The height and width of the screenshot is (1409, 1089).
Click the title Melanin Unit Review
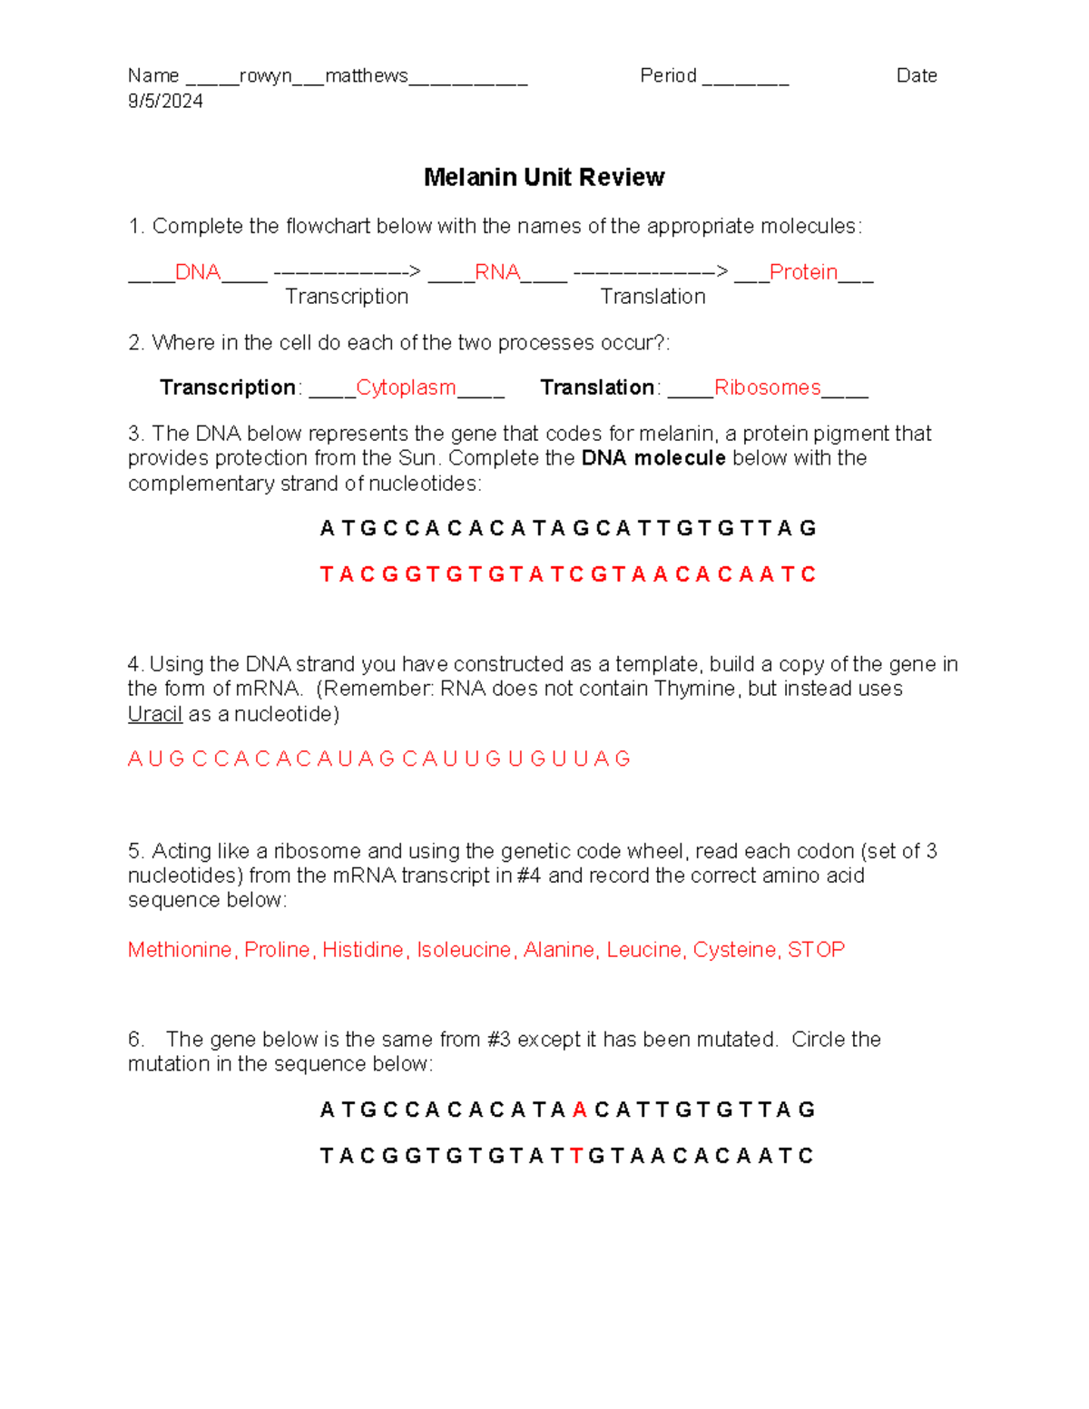click(x=544, y=177)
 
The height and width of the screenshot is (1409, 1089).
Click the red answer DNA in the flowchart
click(x=198, y=272)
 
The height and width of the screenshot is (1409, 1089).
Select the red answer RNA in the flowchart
click(x=497, y=272)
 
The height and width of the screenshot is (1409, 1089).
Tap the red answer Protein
click(x=803, y=272)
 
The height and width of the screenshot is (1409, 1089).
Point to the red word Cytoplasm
click(x=406, y=387)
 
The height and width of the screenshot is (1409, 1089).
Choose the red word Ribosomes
click(x=767, y=387)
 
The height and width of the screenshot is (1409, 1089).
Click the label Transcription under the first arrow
click(x=347, y=297)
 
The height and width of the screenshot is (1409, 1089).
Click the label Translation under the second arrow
click(x=652, y=297)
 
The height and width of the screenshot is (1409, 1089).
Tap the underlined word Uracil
click(x=155, y=714)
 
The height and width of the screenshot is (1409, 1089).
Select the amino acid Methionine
click(x=180, y=950)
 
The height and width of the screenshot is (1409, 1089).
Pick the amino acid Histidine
click(x=363, y=950)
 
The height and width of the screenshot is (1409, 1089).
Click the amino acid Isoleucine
click(x=464, y=950)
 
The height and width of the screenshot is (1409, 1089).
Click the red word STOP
click(x=816, y=950)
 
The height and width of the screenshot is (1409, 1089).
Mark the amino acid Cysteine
click(x=734, y=950)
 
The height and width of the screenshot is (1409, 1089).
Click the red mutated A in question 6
click(x=580, y=1110)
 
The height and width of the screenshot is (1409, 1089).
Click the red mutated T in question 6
click(x=576, y=1156)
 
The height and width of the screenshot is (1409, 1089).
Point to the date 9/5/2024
click(x=165, y=101)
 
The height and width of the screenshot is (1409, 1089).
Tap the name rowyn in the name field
click(x=265, y=76)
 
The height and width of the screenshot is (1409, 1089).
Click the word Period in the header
click(x=668, y=76)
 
